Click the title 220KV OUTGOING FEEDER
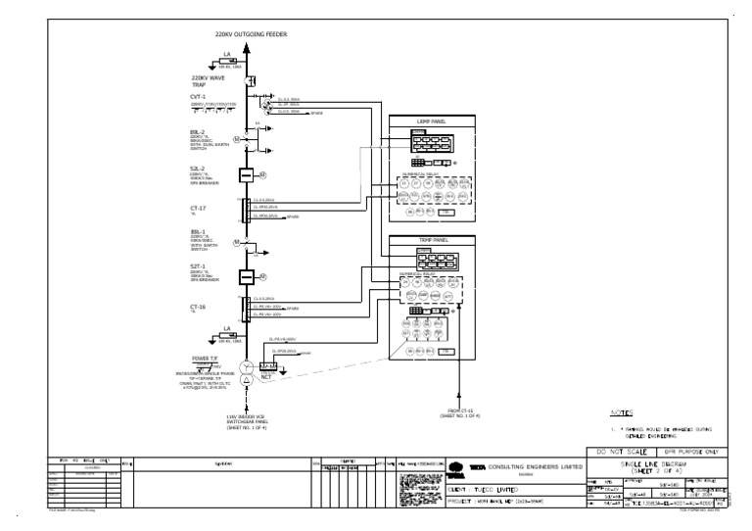(x=252, y=34)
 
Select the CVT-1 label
(x=199, y=96)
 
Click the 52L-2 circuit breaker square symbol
(x=247, y=174)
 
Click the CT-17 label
(x=199, y=207)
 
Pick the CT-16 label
(x=199, y=307)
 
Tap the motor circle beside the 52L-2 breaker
(x=264, y=174)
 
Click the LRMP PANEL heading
(x=432, y=121)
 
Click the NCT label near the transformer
(x=266, y=377)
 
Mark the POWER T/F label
(x=207, y=359)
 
